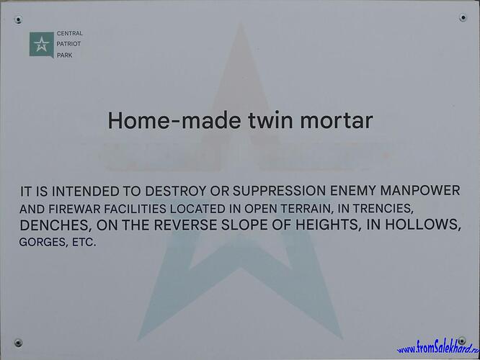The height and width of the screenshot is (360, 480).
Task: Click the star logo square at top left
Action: click(42, 45)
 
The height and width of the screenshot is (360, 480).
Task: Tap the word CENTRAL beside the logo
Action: click(69, 33)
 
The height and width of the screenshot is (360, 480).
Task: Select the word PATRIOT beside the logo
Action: click(68, 44)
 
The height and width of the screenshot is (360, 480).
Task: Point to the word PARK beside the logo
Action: click(65, 55)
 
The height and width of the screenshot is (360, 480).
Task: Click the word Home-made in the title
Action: click(174, 120)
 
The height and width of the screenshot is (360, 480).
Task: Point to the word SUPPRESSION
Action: click(279, 191)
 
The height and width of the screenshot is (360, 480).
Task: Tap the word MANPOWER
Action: click(420, 191)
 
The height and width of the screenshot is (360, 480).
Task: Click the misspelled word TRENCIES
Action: click(383, 208)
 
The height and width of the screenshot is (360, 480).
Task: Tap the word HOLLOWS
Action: click(423, 224)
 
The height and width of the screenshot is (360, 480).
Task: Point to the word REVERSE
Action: click(186, 225)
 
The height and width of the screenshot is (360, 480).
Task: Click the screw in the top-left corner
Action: click(18, 20)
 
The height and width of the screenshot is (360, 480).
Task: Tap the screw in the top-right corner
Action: click(463, 18)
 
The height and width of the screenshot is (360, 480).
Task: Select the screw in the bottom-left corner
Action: click(18, 343)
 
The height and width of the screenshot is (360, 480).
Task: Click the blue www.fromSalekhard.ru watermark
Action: click(438, 348)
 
